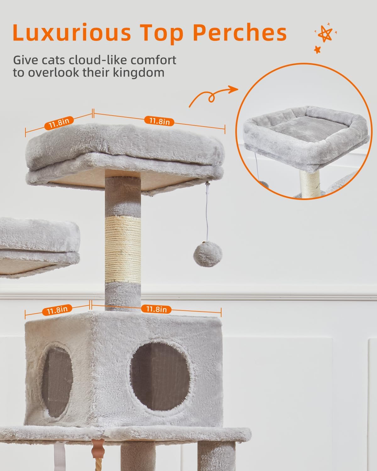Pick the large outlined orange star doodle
tap(325, 34)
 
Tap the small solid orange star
tap(317, 50)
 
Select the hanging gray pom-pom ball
tap(207, 254)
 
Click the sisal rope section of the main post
tap(123, 249)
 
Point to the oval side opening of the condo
tap(57, 382)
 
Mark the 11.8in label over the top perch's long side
tap(159, 121)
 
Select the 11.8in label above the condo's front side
tap(156, 309)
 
